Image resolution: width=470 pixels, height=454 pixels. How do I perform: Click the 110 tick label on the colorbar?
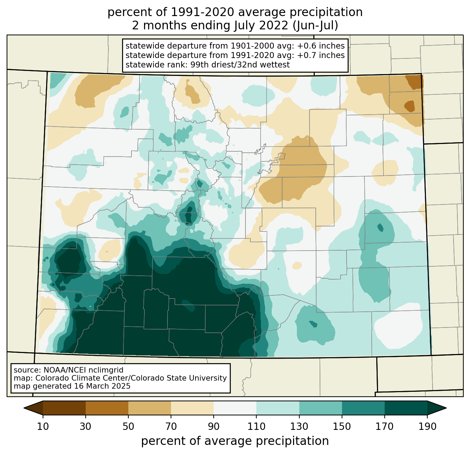tap(256, 426)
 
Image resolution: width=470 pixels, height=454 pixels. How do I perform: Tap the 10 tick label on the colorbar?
tap(43, 426)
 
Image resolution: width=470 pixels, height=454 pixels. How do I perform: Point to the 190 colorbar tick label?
tap(427, 426)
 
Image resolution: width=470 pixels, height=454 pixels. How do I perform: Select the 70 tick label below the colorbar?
tap(171, 426)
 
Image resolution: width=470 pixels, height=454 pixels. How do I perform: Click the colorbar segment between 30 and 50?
tap(107, 408)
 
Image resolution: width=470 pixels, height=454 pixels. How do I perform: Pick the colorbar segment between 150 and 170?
tap(363, 408)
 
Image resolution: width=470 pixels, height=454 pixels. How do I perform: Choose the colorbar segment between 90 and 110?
tap(235, 408)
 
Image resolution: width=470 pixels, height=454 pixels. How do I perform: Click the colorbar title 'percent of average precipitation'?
tap(235, 441)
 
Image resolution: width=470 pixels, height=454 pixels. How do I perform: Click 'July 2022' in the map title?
tap(261, 26)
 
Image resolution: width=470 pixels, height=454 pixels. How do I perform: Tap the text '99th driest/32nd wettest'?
tap(240, 65)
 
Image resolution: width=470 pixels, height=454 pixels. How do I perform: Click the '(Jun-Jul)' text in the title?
tap(315, 26)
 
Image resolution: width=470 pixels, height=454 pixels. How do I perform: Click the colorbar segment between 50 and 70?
tap(150, 408)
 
